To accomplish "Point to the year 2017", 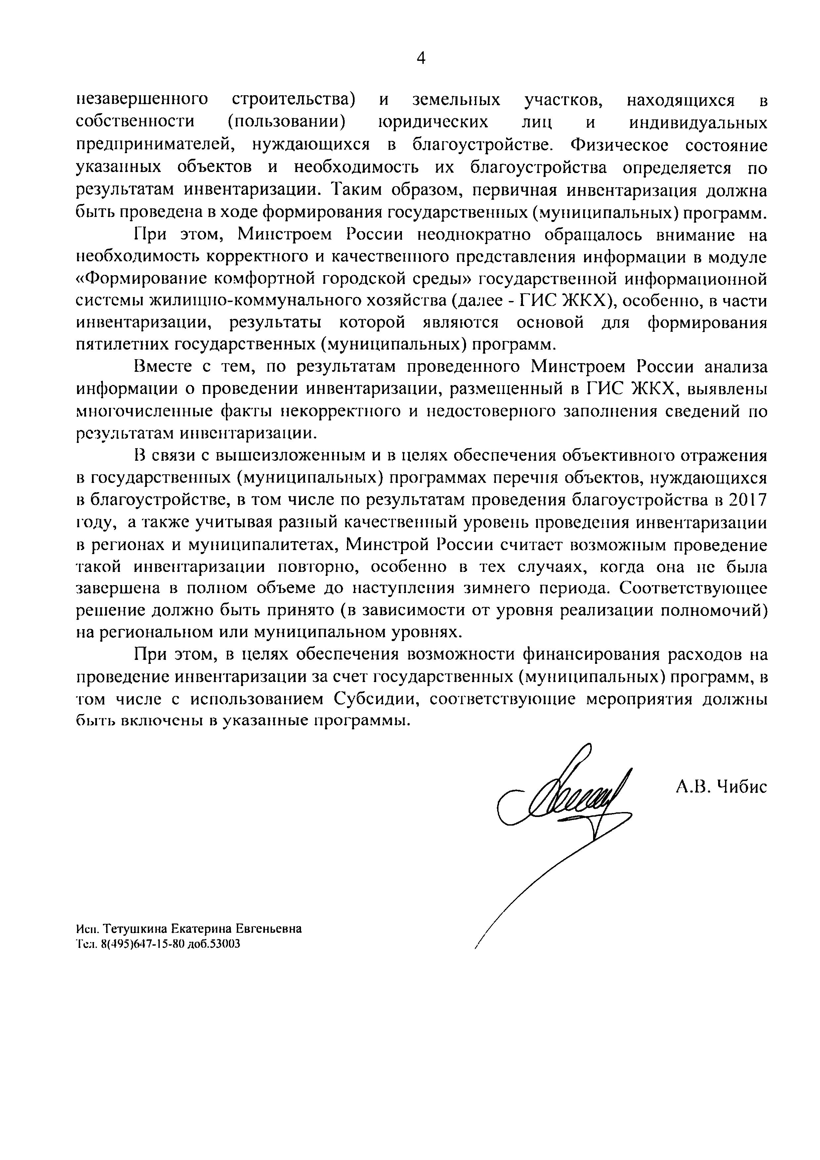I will point(748,500).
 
